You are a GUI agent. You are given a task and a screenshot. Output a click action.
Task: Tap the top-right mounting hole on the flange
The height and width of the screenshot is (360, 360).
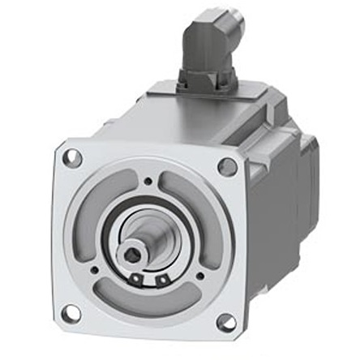227,166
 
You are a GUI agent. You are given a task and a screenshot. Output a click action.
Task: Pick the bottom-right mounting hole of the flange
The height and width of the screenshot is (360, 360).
226,322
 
